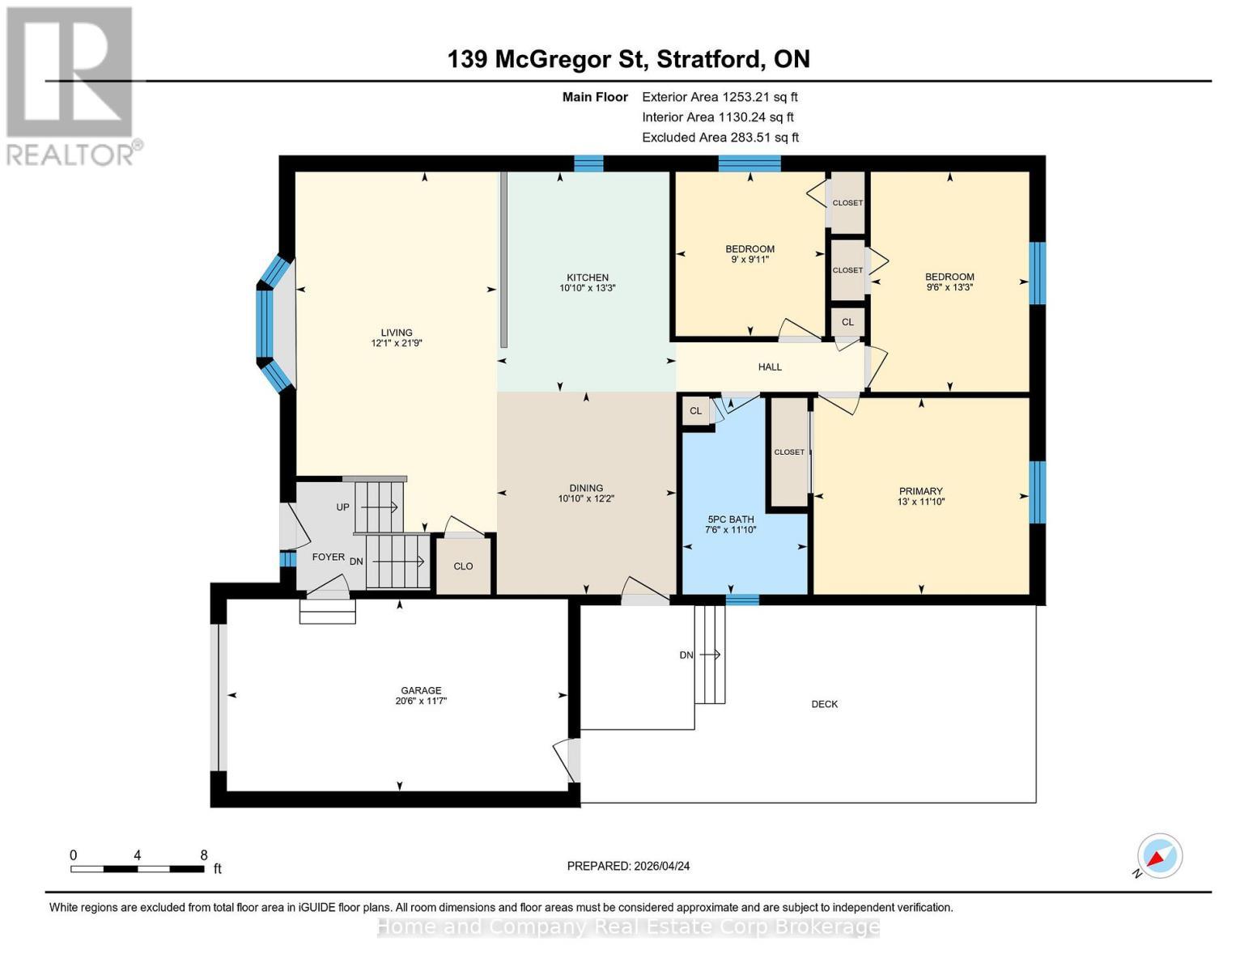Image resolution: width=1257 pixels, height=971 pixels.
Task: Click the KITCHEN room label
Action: coord(587,278)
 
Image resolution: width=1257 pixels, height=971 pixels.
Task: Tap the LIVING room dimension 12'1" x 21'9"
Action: coord(397,343)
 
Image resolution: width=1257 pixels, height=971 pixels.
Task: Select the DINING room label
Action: coord(586,488)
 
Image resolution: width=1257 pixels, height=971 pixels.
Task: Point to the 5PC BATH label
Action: coord(731,519)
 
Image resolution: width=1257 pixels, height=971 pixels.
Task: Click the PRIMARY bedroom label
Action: coord(921,491)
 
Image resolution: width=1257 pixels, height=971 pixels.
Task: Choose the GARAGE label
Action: coord(421,690)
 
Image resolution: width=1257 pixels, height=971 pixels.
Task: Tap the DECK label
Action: coord(824,704)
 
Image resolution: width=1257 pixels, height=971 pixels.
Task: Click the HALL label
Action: coord(770,367)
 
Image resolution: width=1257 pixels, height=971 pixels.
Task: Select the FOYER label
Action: coord(329,557)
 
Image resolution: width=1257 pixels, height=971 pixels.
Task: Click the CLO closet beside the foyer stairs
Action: coord(463,566)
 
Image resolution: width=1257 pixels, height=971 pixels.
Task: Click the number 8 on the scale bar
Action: coord(204,855)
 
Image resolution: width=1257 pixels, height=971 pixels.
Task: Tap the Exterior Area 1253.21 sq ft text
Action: coord(720,97)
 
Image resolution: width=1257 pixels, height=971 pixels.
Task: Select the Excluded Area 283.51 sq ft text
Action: coord(720,138)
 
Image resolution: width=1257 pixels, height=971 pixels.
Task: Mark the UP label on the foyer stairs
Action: coord(342,507)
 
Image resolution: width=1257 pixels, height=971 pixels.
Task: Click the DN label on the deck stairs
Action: coord(686,655)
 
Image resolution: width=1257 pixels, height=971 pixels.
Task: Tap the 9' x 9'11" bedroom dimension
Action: coord(750,260)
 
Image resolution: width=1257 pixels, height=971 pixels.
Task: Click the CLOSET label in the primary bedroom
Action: coord(789,452)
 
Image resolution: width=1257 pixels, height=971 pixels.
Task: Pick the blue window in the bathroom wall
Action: coord(742,600)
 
